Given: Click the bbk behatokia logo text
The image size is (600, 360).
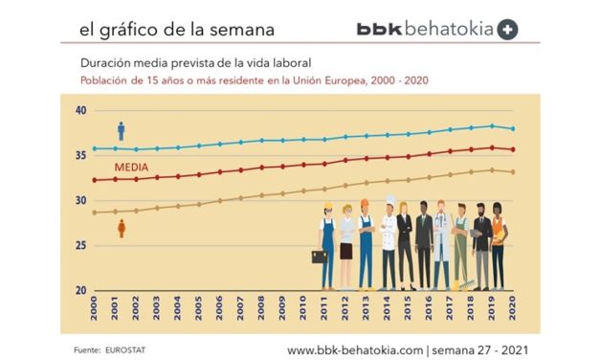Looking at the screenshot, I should [425, 29].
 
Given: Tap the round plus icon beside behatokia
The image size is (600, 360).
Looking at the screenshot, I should [508, 29].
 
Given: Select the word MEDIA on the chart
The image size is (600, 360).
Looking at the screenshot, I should [130, 165].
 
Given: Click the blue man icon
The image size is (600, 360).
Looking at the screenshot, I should [122, 130].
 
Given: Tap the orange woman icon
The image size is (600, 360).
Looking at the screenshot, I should [122, 229].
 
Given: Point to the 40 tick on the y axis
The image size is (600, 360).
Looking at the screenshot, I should [80, 111].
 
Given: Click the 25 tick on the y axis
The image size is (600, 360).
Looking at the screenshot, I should [80, 246].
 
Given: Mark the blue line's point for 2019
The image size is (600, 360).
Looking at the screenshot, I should [493, 125].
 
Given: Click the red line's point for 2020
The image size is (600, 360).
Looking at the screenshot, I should [514, 149].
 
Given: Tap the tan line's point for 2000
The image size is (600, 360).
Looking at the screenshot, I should [95, 213].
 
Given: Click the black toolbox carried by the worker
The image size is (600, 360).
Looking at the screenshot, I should [318, 257].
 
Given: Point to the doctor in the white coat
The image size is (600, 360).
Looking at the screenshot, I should [440, 243].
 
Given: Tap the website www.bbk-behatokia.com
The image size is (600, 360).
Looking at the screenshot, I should [354, 349].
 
